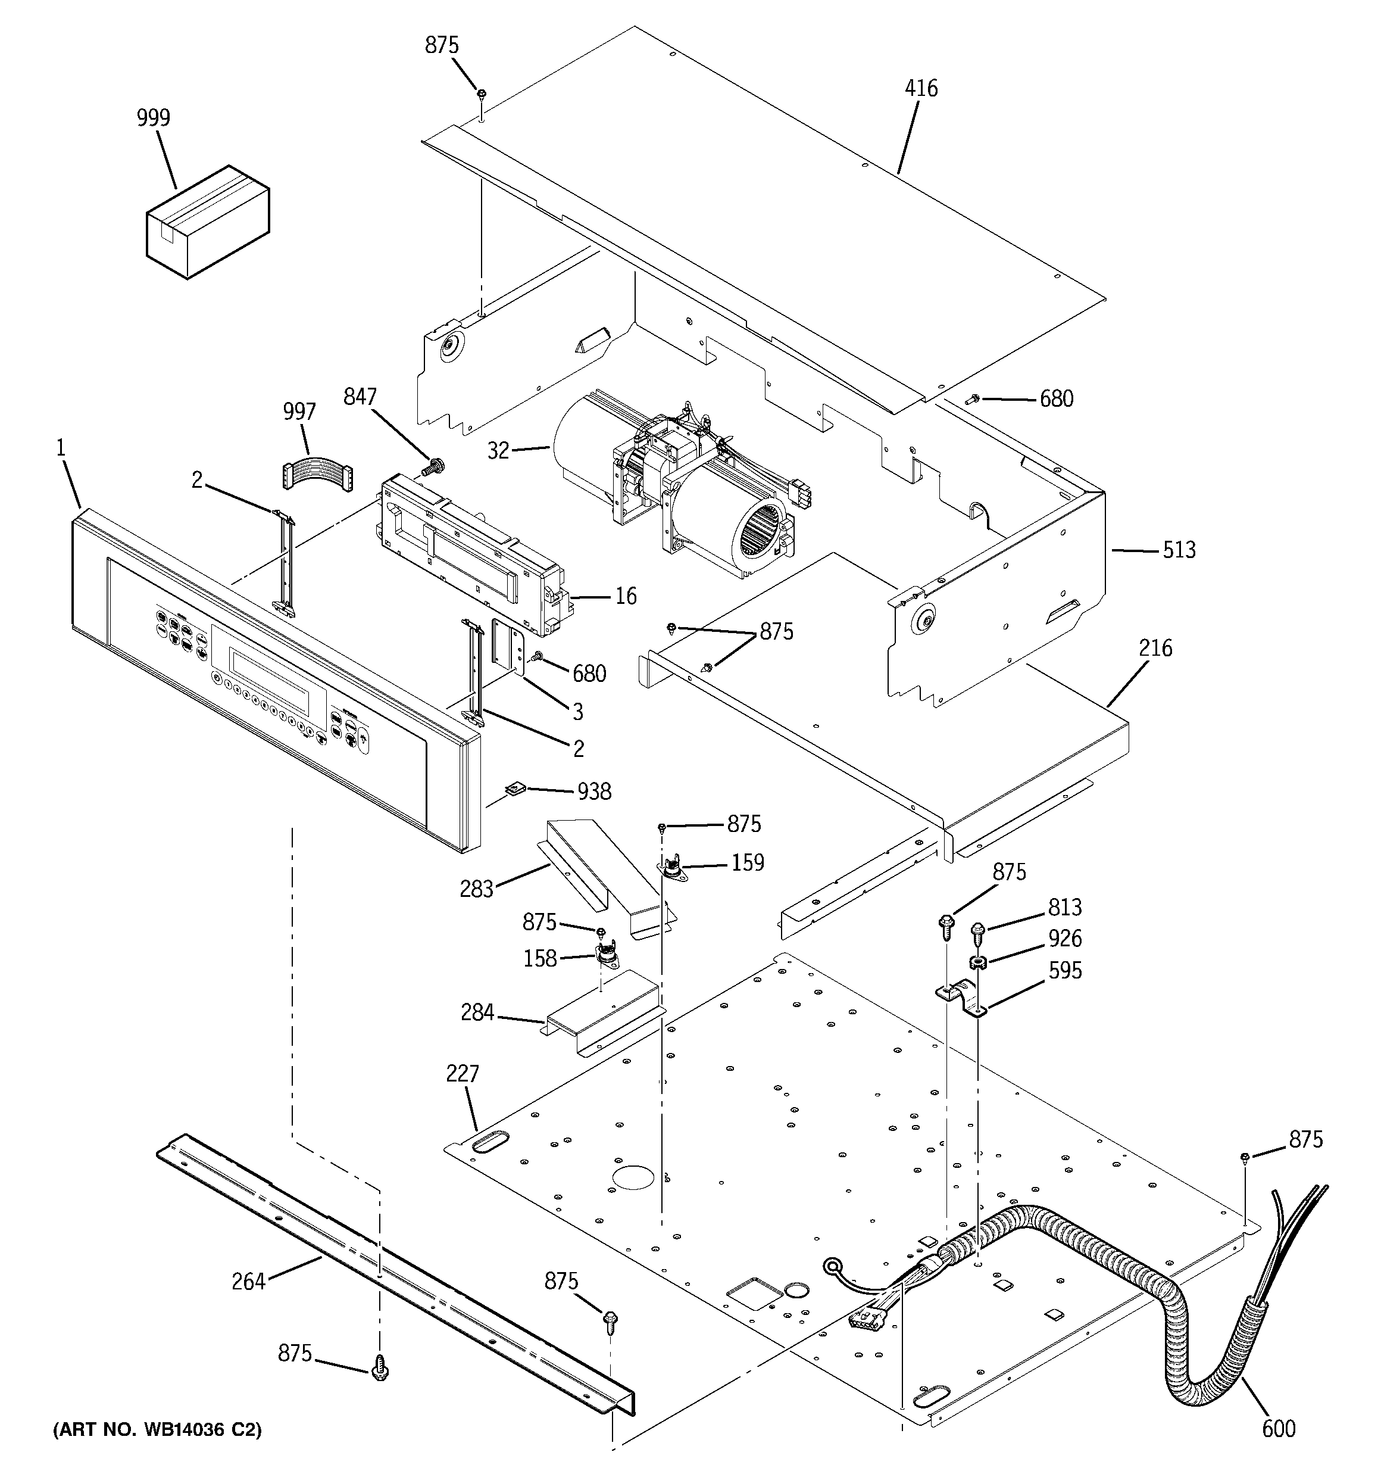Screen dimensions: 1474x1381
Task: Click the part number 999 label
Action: click(154, 118)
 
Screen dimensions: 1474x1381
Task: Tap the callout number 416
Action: click(921, 88)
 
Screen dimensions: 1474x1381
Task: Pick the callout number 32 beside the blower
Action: click(499, 450)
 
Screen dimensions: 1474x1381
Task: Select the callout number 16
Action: click(626, 596)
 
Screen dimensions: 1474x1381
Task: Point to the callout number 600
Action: click(1279, 1428)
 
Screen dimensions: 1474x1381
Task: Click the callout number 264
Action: click(248, 1281)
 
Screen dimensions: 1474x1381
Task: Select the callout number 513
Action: click(1179, 550)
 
